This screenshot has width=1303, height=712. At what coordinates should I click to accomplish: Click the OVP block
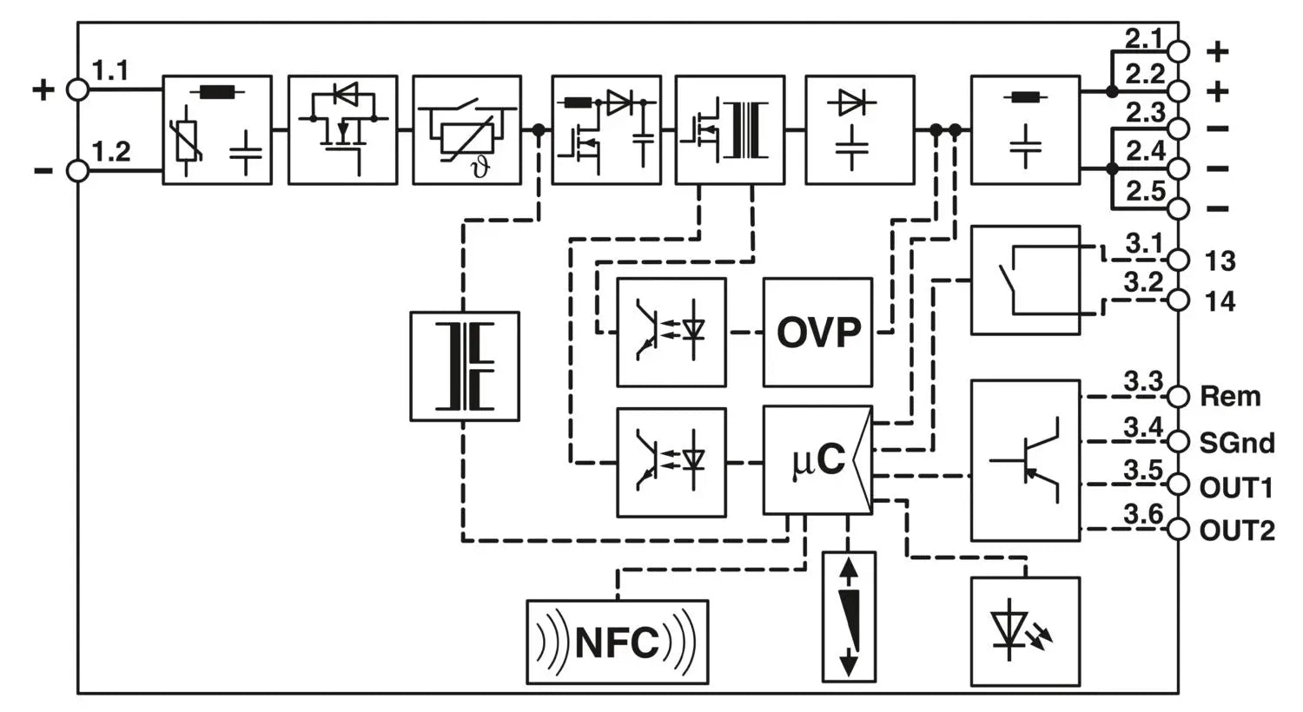coord(817,332)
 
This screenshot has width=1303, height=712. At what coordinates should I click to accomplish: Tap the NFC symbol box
coord(617,642)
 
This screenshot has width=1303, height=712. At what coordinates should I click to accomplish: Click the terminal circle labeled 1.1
coord(78,89)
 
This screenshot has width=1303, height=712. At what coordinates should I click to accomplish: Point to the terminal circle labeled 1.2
coord(78,171)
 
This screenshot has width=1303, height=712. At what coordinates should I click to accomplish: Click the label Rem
coord(1230,397)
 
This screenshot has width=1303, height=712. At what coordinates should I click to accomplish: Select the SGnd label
coord(1237,443)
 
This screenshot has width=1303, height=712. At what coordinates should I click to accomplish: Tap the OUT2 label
coord(1237,530)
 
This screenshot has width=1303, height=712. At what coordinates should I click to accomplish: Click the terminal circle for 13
coord(1178,260)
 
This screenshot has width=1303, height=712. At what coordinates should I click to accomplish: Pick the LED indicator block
coord(1025,631)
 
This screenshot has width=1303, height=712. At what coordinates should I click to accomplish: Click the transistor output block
coord(1025,460)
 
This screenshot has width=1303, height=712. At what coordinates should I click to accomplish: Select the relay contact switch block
coord(1025,280)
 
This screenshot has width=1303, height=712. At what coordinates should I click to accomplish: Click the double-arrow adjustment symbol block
coord(849,616)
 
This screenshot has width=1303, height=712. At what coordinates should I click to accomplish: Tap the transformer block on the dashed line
coord(464,366)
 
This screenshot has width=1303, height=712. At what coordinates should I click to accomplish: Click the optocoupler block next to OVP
coord(671,332)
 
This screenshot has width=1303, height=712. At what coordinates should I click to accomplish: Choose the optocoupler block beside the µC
coord(671,462)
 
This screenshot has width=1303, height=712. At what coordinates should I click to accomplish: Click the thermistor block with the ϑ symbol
coord(466,130)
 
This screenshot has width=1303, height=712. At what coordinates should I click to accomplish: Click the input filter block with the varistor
coord(217,130)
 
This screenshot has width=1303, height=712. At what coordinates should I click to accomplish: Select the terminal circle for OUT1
coord(1178,485)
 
